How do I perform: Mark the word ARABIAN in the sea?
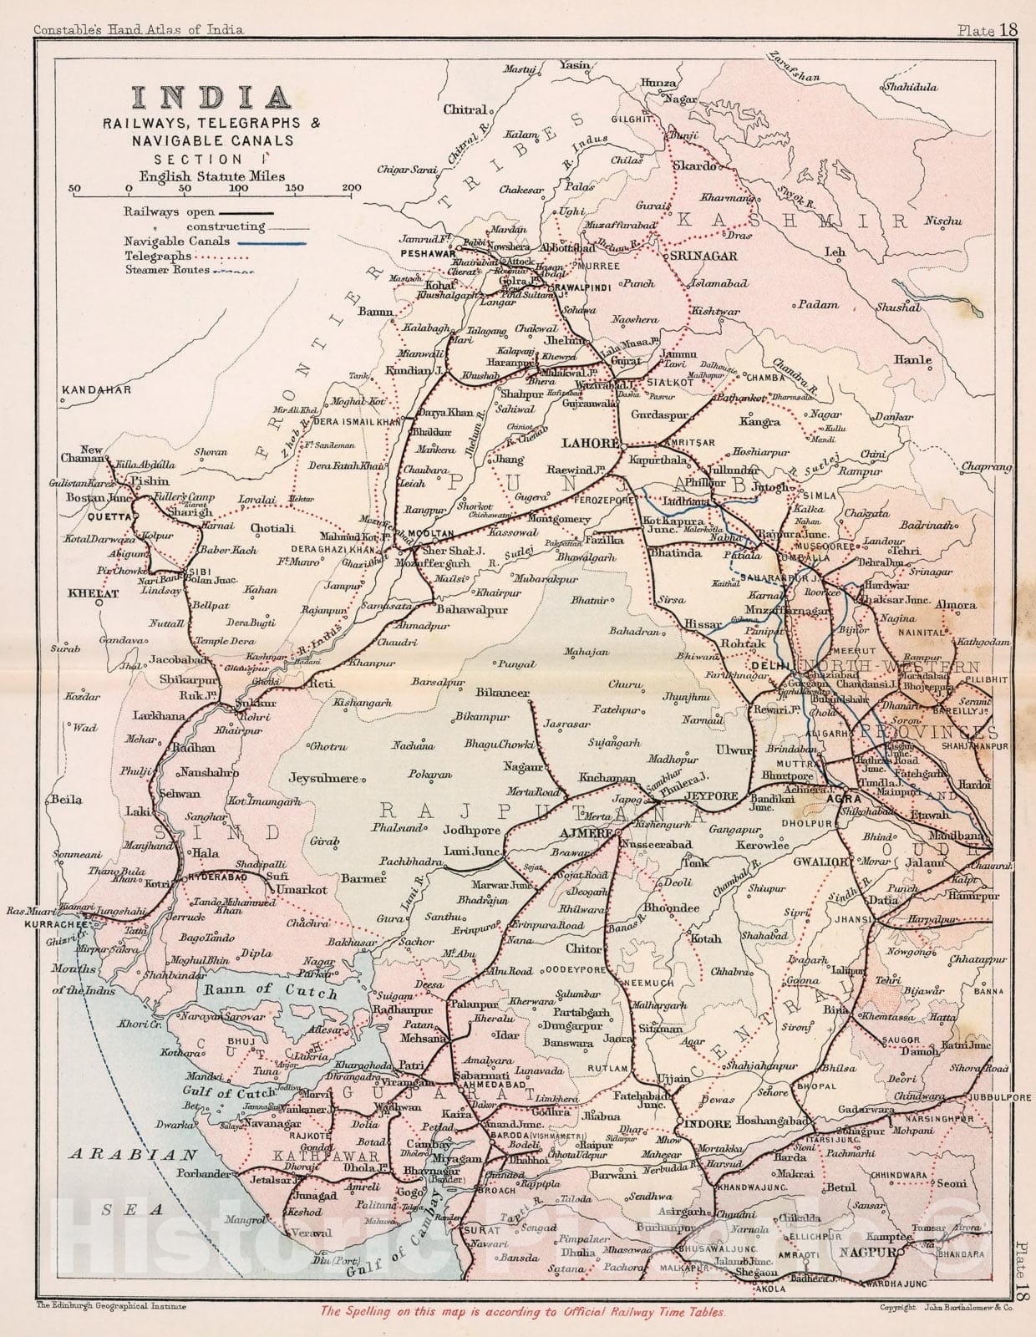(133, 1155)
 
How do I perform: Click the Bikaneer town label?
(502, 693)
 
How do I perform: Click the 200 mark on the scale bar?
(352, 187)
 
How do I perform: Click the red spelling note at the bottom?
(523, 1312)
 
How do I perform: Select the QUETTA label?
(109, 516)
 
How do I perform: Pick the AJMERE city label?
(586, 834)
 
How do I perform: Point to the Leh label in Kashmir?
(835, 252)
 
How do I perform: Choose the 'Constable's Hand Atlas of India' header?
(138, 30)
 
